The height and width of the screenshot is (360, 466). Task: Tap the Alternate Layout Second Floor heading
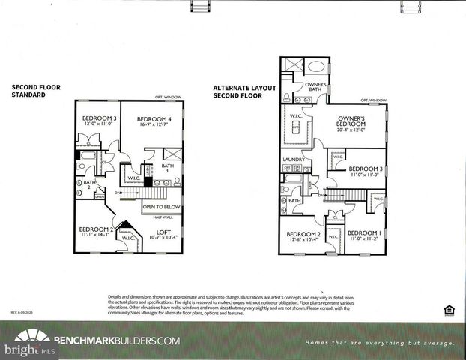point(244,91)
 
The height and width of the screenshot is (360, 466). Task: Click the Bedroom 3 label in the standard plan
point(100,118)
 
